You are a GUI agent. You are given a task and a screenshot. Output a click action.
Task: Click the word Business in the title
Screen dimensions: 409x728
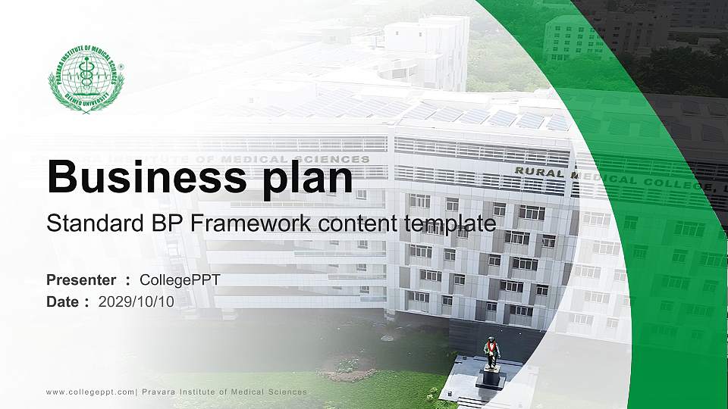coord(143,179)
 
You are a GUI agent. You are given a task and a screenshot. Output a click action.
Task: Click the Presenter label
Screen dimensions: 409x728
coord(81,280)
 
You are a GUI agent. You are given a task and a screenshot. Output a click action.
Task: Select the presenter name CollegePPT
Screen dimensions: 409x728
coord(180,280)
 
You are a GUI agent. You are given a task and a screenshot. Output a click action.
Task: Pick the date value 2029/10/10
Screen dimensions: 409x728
coord(136,301)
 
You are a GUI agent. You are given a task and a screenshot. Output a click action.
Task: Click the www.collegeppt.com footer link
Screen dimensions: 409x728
coord(90,392)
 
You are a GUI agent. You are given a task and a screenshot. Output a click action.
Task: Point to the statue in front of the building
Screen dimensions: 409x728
coord(491,353)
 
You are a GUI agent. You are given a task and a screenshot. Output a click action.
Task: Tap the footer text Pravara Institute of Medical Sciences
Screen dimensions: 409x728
coord(224,392)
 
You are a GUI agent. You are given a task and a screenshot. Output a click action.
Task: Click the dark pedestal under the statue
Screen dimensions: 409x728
coord(491,378)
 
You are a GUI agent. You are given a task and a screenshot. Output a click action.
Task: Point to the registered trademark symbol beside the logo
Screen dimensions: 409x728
coord(121,67)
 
